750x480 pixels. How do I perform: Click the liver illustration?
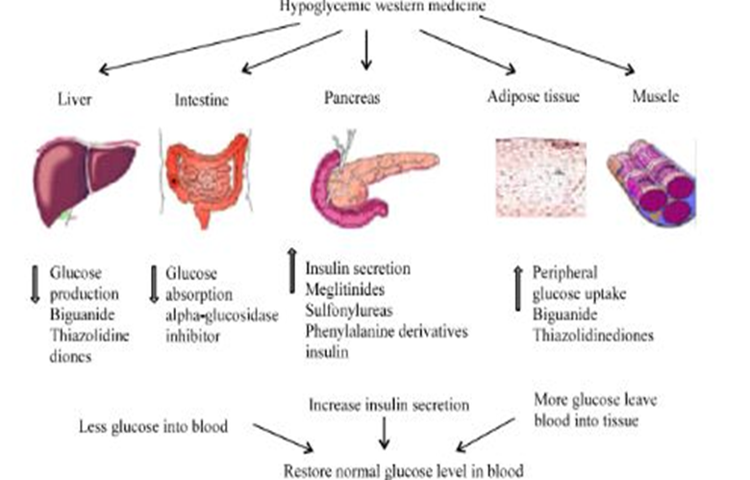click(81, 179)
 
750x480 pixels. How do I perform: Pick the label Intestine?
click(202, 98)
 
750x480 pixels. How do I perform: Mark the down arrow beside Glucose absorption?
click(153, 281)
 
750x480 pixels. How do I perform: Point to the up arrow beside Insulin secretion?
click(291, 266)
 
